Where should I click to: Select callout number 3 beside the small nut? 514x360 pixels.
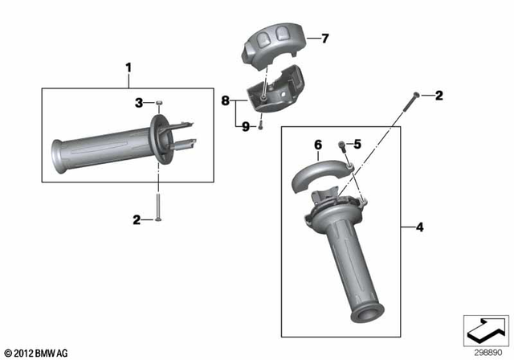(x=138, y=102)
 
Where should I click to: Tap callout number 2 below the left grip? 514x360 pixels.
(x=137, y=218)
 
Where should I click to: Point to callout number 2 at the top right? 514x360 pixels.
(x=439, y=96)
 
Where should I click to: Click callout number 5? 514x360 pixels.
(x=357, y=144)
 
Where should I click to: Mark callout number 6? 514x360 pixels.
(x=318, y=145)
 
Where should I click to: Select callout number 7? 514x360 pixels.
(x=325, y=38)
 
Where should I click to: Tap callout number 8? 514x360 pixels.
(x=226, y=100)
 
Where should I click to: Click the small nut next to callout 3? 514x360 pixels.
(x=161, y=102)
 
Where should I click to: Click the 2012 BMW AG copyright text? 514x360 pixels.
(x=36, y=352)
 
